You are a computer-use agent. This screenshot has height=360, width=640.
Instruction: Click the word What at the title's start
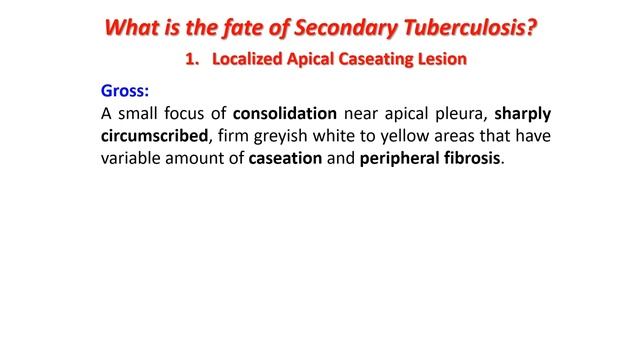click(x=135, y=28)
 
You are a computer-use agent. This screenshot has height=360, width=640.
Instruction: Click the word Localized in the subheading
click(x=248, y=60)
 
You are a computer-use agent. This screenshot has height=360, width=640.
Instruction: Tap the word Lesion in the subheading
click(x=442, y=60)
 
